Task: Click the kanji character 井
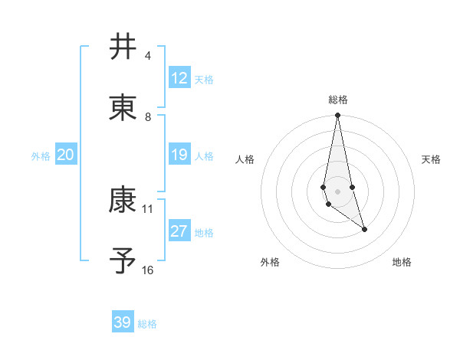(x=123, y=47)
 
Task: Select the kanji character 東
(x=123, y=107)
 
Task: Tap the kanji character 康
(x=123, y=200)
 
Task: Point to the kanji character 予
(x=123, y=260)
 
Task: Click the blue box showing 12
(x=179, y=78)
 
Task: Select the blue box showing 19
(x=179, y=155)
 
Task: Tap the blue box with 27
(x=179, y=231)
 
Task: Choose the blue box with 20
(x=65, y=155)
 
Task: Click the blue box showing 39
(x=123, y=322)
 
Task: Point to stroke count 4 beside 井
(x=148, y=56)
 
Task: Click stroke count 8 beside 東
(x=148, y=117)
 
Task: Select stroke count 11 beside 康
(x=148, y=208)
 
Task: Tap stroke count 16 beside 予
(x=148, y=270)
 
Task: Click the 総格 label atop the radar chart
(x=338, y=100)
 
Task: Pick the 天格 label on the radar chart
(x=431, y=159)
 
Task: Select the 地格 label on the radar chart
(x=402, y=262)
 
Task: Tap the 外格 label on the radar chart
(x=270, y=262)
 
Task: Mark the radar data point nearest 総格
(x=337, y=116)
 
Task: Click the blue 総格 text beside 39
(x=147, y=324)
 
